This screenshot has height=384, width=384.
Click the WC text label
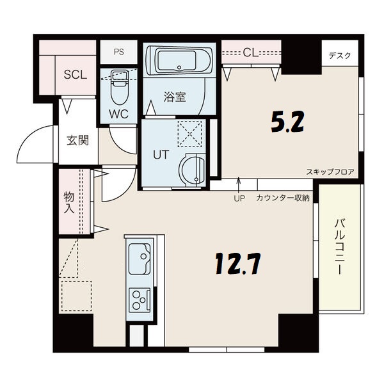point(119,114)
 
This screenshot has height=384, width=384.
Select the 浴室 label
point(174,97)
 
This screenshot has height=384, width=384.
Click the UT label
point(159,155)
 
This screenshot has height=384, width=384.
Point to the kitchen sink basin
point(139,260)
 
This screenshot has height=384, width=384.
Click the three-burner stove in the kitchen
point(139,298)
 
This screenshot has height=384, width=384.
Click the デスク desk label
point(339,56)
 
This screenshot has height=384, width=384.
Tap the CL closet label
point(250,52)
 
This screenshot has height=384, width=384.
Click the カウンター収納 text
point(282,198)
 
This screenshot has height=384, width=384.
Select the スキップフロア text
point(330,172)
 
